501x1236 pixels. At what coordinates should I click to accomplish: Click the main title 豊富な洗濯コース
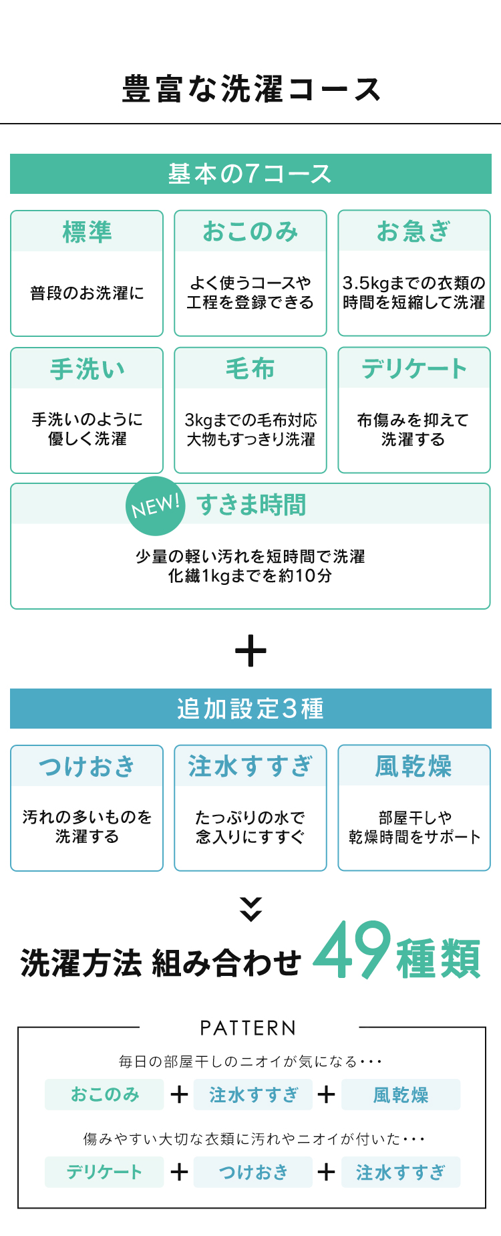click(251, 90)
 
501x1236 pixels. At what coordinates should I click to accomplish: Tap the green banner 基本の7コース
click(251, 174)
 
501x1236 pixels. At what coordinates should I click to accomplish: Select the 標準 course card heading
click(87, 232)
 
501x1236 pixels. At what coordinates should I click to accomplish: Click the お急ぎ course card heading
click(414, 231)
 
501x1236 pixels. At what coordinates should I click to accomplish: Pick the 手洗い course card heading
click(87, 369)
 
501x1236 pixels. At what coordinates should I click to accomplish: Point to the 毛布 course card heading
click(251, 368)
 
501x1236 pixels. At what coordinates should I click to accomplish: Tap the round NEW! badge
click(156, 506)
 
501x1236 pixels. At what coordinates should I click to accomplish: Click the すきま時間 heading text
click(251, 505)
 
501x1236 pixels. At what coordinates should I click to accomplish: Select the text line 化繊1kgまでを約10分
click(251, 576)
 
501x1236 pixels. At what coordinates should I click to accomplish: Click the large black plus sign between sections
click(251, 650)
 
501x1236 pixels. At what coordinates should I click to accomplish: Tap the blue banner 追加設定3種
click(251, 709)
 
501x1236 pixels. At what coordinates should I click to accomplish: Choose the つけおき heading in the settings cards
click(87, 766)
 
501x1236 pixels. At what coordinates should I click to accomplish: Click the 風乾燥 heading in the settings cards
click(414, 766)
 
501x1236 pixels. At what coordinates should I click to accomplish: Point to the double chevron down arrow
click(251, 909)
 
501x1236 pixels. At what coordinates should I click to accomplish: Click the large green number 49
click(352, 950)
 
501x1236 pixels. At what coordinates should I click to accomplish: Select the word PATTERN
click(248, 1028)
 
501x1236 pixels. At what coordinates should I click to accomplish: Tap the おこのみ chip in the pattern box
click(104, 1094)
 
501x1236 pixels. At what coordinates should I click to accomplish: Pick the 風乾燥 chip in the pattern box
click(401, 1094)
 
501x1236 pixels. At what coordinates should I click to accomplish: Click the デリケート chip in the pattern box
click(104, 1172)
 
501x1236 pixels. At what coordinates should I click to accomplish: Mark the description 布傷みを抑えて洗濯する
click(413, 429)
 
